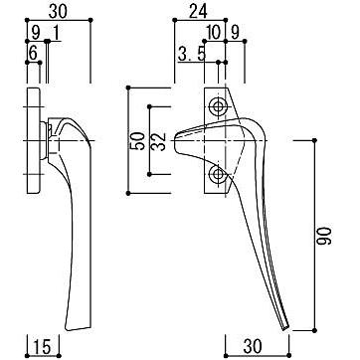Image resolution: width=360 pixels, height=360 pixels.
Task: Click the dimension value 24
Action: click(x=198, y=12)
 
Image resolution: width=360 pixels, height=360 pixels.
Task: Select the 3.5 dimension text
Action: click(x=192, y=54)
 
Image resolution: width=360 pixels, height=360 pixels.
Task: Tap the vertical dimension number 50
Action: click(x=138, y=141)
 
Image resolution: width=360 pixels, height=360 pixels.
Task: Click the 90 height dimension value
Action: click(x=324, y=236)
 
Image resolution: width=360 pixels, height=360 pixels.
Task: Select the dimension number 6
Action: click(x=33, y=54)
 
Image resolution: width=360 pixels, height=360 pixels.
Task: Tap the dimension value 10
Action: click(x=213, y=33)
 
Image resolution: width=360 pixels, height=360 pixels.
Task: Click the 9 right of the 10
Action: click(x=235, y=33)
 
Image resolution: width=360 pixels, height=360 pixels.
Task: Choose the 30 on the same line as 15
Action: click(x=253, y=347)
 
